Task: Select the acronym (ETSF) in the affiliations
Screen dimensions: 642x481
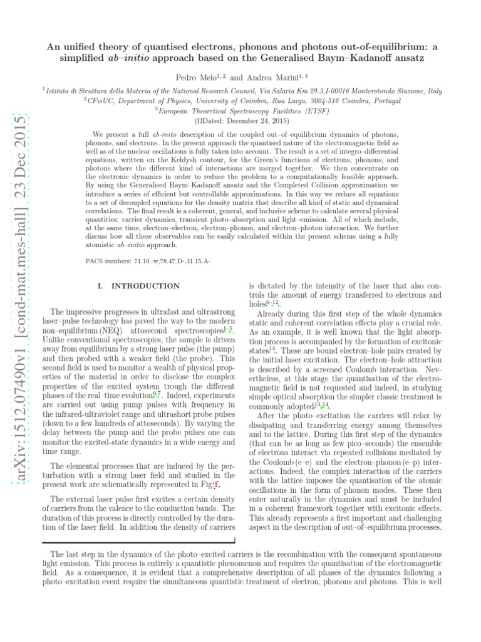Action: click(x=317, y=110)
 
